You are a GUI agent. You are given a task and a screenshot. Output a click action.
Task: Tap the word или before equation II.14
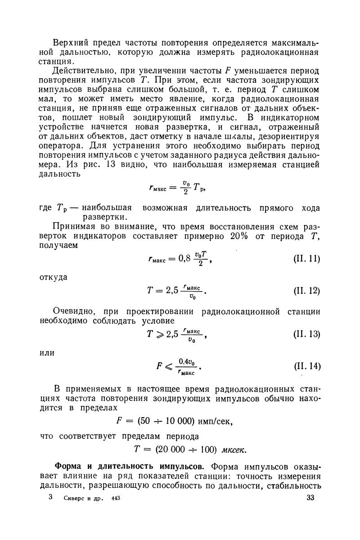click(47, 353)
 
